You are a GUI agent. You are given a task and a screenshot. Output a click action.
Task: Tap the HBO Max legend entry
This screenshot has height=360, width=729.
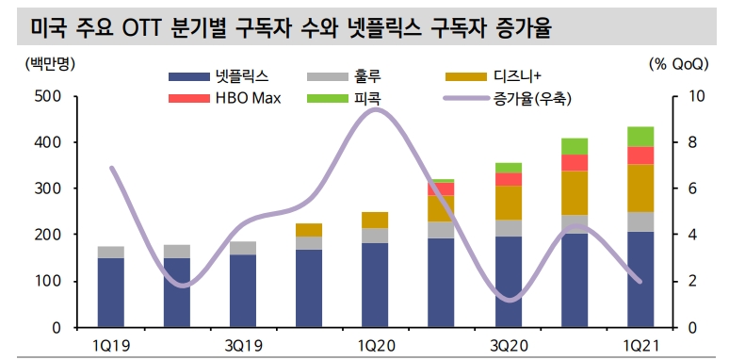click(x=221, y=97)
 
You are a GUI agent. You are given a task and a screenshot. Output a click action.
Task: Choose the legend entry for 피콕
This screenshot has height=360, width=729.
click(x=345, y=97)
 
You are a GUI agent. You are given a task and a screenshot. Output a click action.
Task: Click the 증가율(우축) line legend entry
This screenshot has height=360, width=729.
click(x=505, y=97)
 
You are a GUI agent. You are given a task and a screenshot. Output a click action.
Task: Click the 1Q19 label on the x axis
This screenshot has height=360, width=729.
click(x=111, y=346)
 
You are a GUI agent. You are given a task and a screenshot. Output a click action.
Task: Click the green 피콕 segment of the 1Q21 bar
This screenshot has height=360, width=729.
click(x=641, y=137)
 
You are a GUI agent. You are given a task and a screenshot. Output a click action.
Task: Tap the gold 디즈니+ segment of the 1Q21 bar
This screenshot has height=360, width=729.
click(x=641, y=188)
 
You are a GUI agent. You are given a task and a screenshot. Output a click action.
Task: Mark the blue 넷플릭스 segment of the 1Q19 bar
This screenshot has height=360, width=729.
click(x=111, y=292)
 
